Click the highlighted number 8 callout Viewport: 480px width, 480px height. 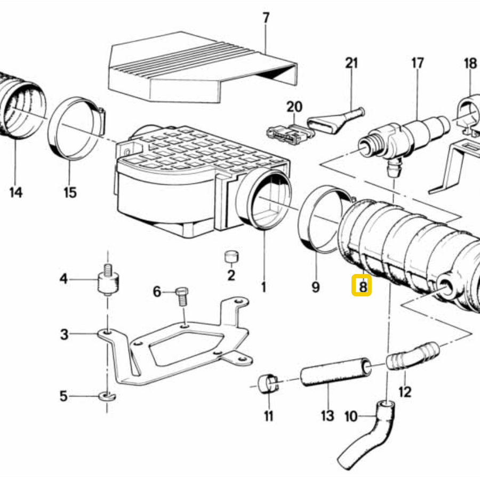[x=362, y=285]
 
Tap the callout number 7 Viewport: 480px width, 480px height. [x=266, y=18]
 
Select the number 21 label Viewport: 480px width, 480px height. [x=351, y=63]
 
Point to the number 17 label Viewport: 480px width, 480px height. [x=418, y=63]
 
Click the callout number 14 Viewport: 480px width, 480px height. [x=16, y=193]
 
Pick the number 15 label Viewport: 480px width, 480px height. [x=70, y=193]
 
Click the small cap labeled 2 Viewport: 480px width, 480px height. [x=232, y=257]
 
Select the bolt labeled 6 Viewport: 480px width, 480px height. [x=182, y=296]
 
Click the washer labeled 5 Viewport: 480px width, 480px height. [x=107, y=396]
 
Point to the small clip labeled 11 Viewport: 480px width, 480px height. [x=268, y=383]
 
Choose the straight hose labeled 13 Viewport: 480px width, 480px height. [x=336, y=372]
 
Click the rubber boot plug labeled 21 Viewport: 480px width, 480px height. [x=335, y=121]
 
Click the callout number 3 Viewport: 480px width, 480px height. [x=64, y=334]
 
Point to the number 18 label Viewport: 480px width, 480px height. [x=470, y=63]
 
